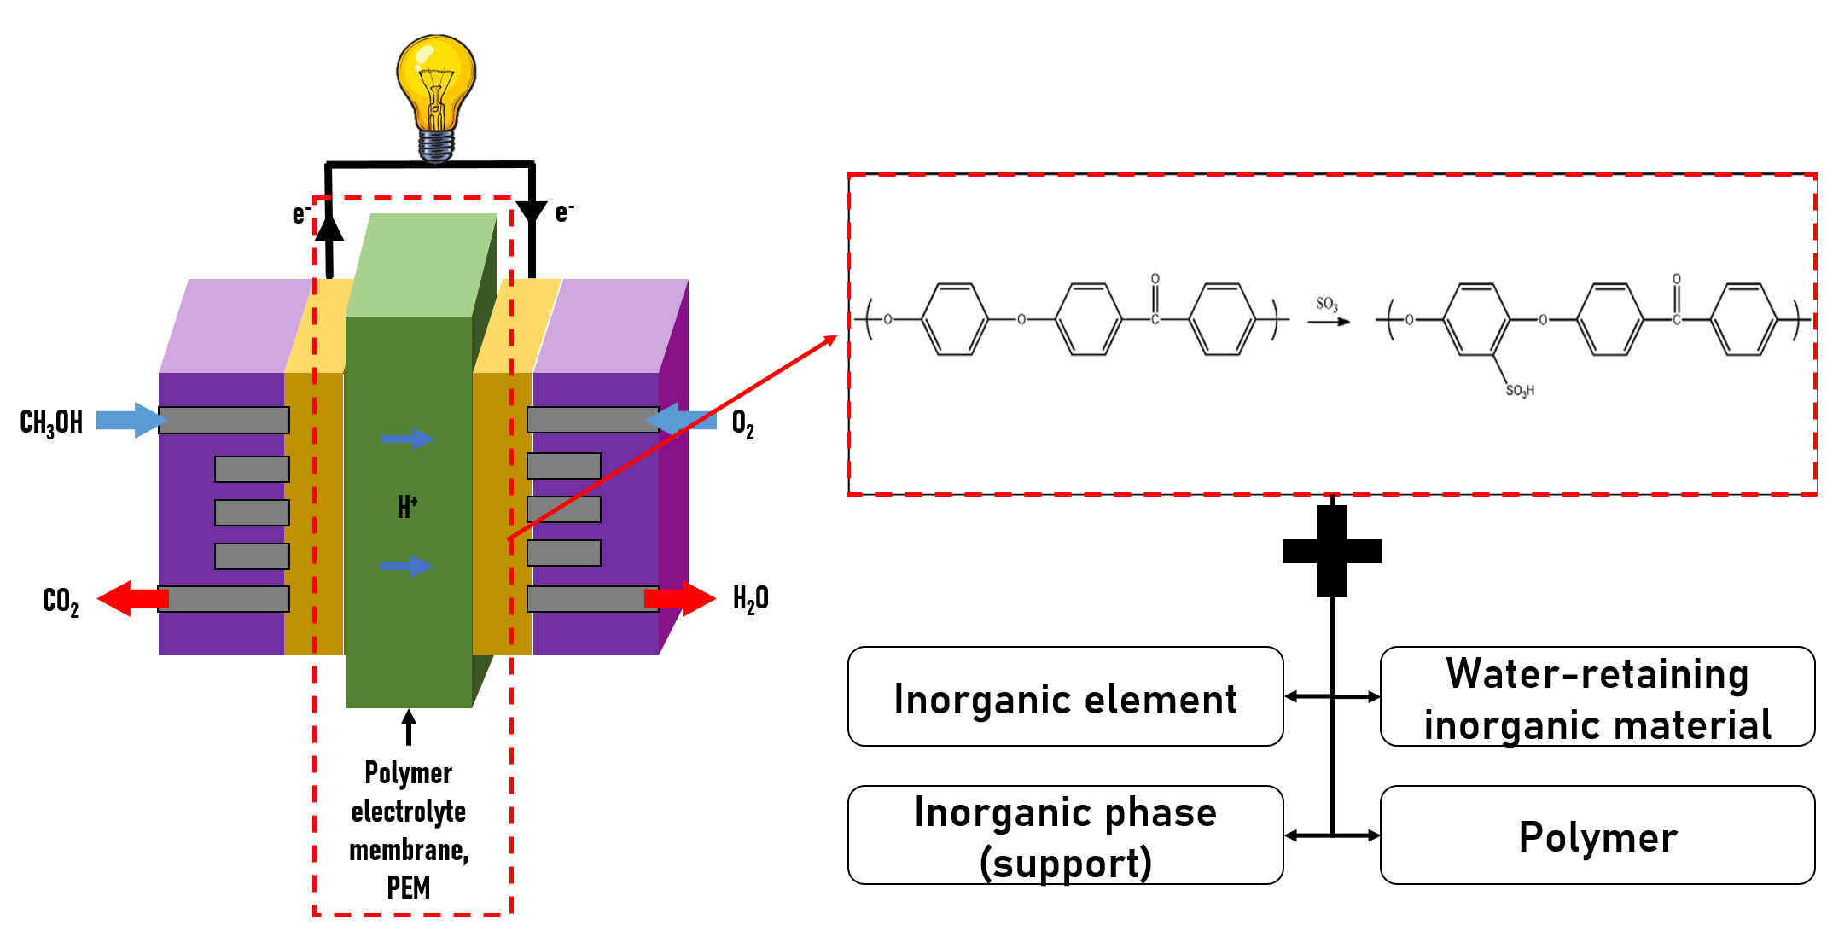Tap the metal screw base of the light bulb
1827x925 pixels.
pyautogui.click(x=436, y=145)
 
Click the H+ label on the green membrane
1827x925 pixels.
pyautogui.click(x=407, y=506)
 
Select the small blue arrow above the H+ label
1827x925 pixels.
pyautogui.click(x=408, y=439)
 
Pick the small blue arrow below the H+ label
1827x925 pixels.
pyautogui.click(x=406, y=566)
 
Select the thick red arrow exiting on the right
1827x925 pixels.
pyautogui.click(x=682, y=598)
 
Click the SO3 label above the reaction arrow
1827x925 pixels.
pyautogui.click(x=1326, y=304)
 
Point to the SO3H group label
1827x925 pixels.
pyautogui.click(x=1520, y=391)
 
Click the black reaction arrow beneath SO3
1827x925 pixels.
pyautogui.click(x=1329, y=322)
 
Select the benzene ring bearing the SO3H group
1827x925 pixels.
pyautogui.click(x=1476, y=319)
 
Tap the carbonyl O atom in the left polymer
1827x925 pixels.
pyautogui.click(x=1155, y=279)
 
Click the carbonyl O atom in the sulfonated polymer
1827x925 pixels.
pyautogui.click(x=1676, y=279)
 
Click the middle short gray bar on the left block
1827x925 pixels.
pyautogui.click(x=252, y=513)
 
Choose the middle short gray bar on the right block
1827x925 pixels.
pyautogui.click(x=564, y=509)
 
